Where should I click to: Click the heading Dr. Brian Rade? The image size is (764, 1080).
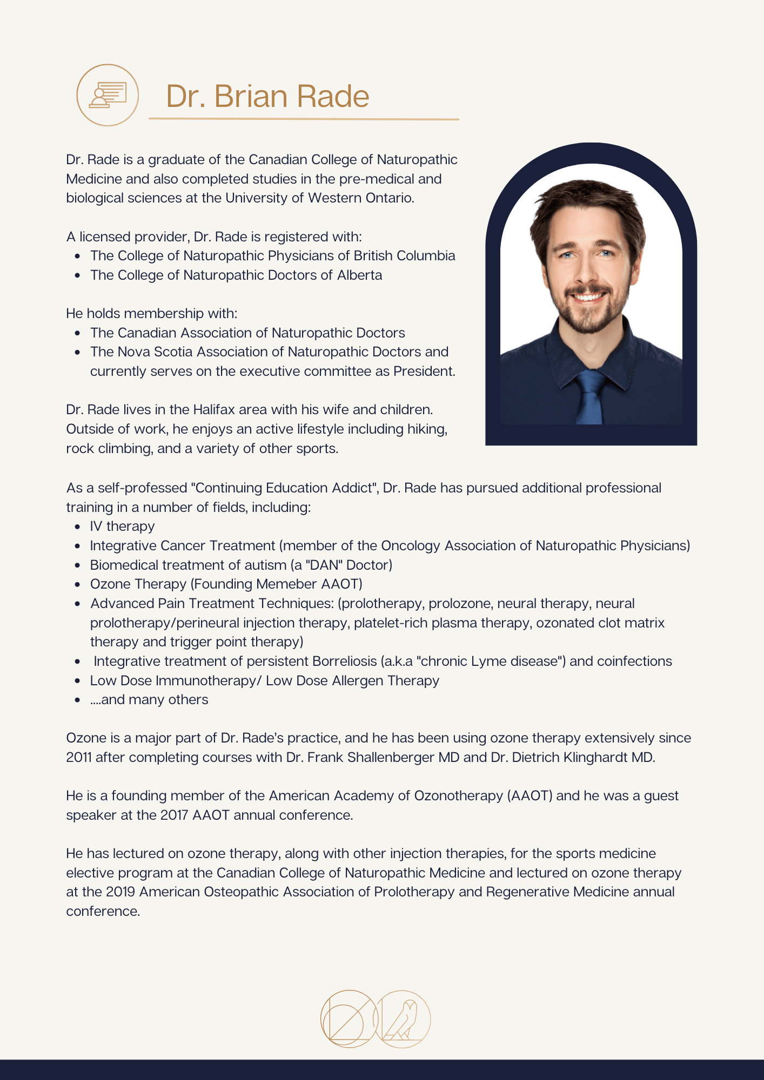pos(267,97)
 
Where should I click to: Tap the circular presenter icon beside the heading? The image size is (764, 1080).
pos(108,95)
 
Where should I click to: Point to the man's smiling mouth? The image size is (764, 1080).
pos(587,296)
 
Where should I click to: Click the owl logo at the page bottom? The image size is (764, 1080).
pos(403,1019)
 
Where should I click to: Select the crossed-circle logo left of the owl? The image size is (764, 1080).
pos(349,1019)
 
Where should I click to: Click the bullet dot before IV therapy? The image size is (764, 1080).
pos(78,527)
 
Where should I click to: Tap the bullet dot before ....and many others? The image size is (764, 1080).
pos(78,700)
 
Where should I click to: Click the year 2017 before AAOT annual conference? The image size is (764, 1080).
pos(174,815)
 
